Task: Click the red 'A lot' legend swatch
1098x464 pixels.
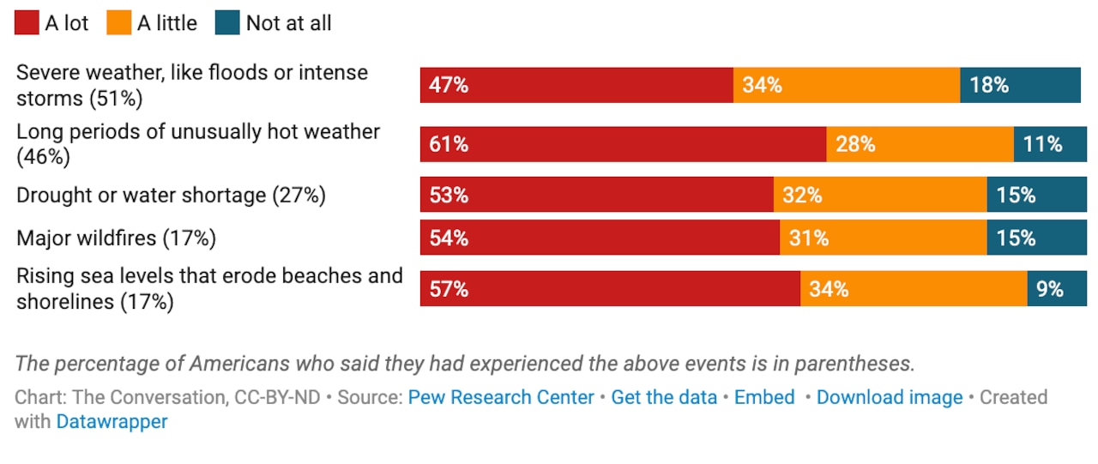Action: click(27, 23)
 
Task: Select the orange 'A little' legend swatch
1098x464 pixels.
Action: click(119, 23)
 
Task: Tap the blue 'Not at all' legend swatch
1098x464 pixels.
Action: click(227, 23)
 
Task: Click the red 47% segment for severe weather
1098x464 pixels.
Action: click(576, 85)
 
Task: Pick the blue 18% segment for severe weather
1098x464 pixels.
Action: click(1020, 85)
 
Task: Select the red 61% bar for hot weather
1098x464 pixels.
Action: click(623, 144)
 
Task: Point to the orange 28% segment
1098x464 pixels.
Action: click(920, 144)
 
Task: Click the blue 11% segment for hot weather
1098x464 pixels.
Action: click(1050, 144)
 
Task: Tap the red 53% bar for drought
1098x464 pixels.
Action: click(596, 195)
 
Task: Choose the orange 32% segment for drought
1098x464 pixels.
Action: click(880, 195)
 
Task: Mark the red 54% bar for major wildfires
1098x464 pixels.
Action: click(600, 238)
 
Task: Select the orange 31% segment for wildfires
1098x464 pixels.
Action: click(883, 238)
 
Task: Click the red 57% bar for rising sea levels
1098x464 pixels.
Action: click(610, 289)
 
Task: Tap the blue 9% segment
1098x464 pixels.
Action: click(1056, 289)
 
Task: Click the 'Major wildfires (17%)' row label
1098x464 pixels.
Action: click(116, 238)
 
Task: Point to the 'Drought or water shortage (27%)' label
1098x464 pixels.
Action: click(171, 195)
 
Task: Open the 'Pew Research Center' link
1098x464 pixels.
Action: click(501, 397)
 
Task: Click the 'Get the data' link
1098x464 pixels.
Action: click(664, 397)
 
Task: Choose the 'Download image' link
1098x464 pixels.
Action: click(890, 397)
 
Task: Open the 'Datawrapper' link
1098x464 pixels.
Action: click(112, 421)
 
